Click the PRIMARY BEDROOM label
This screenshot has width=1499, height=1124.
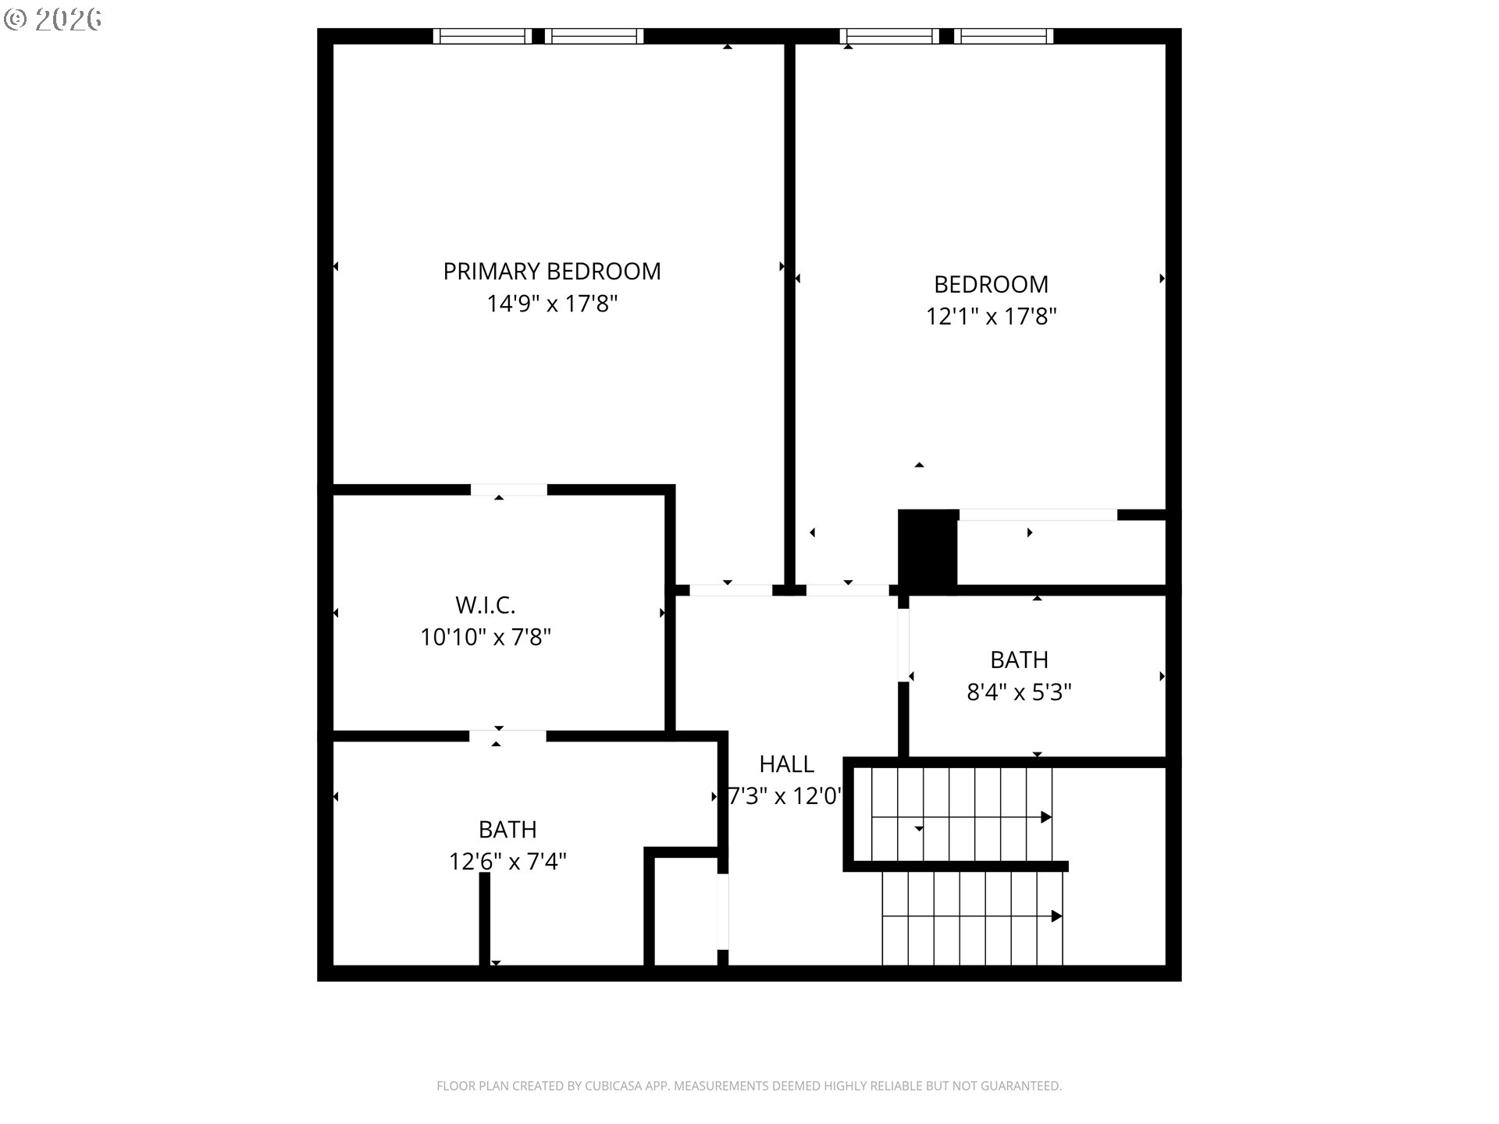pos(552,271)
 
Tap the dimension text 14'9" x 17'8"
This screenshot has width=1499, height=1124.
pos(552,304)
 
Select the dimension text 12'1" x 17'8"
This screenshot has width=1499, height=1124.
pos(991,317)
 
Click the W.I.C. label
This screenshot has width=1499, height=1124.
pos(485,605)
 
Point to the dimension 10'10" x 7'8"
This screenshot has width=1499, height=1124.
pos(485,638)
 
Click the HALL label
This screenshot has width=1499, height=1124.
pos(786,763)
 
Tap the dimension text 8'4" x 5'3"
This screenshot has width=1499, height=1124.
pos(1019,692)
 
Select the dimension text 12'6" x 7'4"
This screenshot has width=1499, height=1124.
pos(507,862)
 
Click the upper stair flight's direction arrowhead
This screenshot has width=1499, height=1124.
pos(1046,817)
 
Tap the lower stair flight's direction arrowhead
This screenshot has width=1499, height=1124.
pos(1056,916)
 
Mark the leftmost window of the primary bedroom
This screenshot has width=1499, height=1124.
pos(482,36)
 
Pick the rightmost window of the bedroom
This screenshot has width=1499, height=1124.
pos(1003,36)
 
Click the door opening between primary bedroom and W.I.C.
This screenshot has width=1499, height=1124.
pos(508,489)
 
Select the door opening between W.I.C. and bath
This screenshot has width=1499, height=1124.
pos(507,736)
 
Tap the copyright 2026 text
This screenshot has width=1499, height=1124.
pos(52,20)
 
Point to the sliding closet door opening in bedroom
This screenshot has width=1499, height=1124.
pos(1038,514)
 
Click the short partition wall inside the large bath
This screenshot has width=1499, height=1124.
pos(484,919)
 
